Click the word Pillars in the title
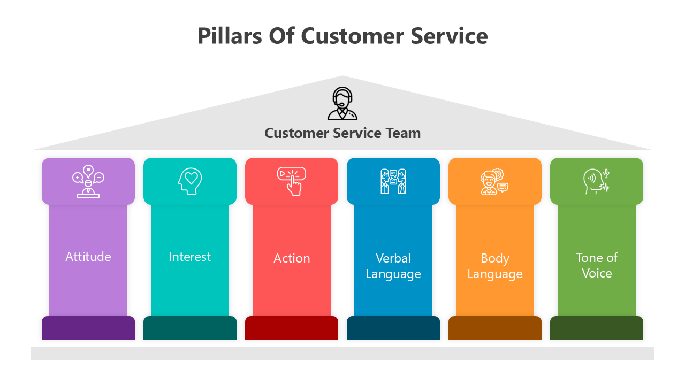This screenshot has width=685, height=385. click(x=229, y=36)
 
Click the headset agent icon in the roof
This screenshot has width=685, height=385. click(x=342, y=104)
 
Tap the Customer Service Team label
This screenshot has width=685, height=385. click(x=342, y=133)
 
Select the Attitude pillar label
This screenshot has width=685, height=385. click(x=88, y=257)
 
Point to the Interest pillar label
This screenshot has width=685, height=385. click(x=190, y=257)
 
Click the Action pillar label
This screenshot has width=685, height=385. click(x=292, y=258)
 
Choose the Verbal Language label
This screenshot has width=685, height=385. click(x=393, y=266)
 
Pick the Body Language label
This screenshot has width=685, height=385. click(x=495, y=266)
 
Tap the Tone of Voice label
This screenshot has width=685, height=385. click(x=597, y=265)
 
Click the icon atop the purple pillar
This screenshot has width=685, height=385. click(x=88, y=181)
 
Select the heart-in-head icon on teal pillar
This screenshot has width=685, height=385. click(x=190, y=181)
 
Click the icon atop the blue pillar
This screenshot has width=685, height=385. click(x=393, y=181)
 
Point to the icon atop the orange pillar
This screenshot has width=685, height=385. click(x=494, y=182)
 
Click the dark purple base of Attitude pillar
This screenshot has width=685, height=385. click(x=88, y=328)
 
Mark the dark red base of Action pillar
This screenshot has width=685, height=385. click(x=292, y=328)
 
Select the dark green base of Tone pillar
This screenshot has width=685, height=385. click(x=597, y=328)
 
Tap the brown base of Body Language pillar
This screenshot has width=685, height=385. click(x=495, y=328)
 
